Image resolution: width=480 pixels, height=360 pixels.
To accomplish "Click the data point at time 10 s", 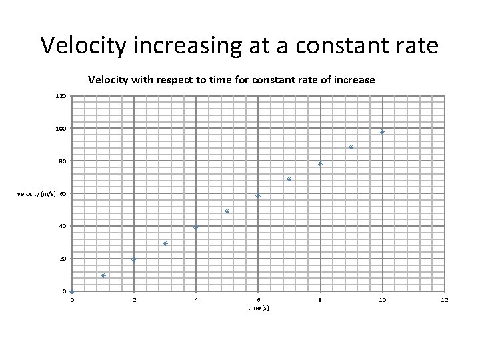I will pyautogui.click(x=382, y=131).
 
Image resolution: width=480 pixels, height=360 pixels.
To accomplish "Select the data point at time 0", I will pyautogui.click(x=72, y=291).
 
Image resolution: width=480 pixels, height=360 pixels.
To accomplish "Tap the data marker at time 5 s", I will pyautogui.click(x=227, y=211).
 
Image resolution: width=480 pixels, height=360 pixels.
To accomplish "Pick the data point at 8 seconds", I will pyautogui.click(x=320, y=163).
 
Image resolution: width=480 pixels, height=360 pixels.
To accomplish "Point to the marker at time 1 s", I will pyautogui.click(x=103, y=275).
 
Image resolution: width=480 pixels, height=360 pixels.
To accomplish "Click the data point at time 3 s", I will pyautogui.click(x=165, y=243).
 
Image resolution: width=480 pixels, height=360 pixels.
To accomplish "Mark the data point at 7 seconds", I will pyautogui.click(x=289, y=179).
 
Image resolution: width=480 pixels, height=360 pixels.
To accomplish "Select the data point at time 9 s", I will pyautogui.click(x=351, y=147).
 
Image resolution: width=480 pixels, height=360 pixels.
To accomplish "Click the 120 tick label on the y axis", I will pyautogui.click(x=61, y=96).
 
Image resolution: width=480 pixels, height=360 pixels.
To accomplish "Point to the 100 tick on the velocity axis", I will pyautogui.click(x=61, y=128).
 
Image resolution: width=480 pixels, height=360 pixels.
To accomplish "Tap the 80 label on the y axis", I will pyautogui.click(x=62, y=161).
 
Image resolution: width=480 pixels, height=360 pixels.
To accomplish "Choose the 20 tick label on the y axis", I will pyautogui.click(x=62, y=259).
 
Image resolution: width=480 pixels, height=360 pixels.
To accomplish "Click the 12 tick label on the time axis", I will pyautogui.click(x=445, y=301).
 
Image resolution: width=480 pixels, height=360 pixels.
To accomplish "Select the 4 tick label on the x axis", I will pyautogui.click(x=196, y=301).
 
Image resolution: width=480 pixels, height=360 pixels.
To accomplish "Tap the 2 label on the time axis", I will pyautogui.click(x=134, y=301).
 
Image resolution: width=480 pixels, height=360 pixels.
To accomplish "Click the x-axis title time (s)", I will pyautogui.click(x=258, y=308).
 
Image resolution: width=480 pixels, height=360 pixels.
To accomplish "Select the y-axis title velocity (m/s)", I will pyautogui.click(x=39, y=194).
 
